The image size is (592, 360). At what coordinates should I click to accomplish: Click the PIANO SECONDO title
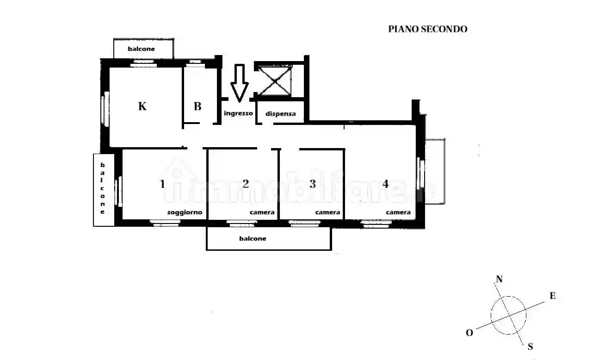[x=427, y=29]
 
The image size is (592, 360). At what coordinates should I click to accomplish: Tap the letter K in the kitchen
[x=142, y=106]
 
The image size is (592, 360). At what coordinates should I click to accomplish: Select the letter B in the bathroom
[x=197, y=106]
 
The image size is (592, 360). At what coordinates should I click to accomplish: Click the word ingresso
[x=238, y=113]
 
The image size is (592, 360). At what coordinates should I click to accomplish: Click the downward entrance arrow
[x=239, y=83]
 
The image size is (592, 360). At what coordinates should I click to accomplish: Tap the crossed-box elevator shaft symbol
[x=275, y=81]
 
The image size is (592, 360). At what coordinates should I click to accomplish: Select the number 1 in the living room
[x=162, y=184]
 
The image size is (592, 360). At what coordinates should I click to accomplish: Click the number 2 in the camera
[x=246, y=184]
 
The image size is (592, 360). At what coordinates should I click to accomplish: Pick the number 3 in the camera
[x=313, y=184]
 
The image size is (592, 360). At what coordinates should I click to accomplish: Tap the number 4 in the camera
[x=385, y=184]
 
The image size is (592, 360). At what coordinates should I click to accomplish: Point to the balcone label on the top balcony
[x=142, y=49]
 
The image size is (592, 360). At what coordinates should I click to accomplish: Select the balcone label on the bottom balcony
[x=253, y=239]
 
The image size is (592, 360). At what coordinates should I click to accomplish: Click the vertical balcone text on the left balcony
[x=103, y=188]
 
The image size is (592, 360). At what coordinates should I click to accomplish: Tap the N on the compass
[x=499, y=279]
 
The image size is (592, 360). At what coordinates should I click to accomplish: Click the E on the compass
[x=552, y=296]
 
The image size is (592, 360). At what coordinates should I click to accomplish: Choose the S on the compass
[x=530, y=346]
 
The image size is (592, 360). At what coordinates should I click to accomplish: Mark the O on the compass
[x=469, y=333]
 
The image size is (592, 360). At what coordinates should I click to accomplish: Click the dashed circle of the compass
[x=509, y=316]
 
